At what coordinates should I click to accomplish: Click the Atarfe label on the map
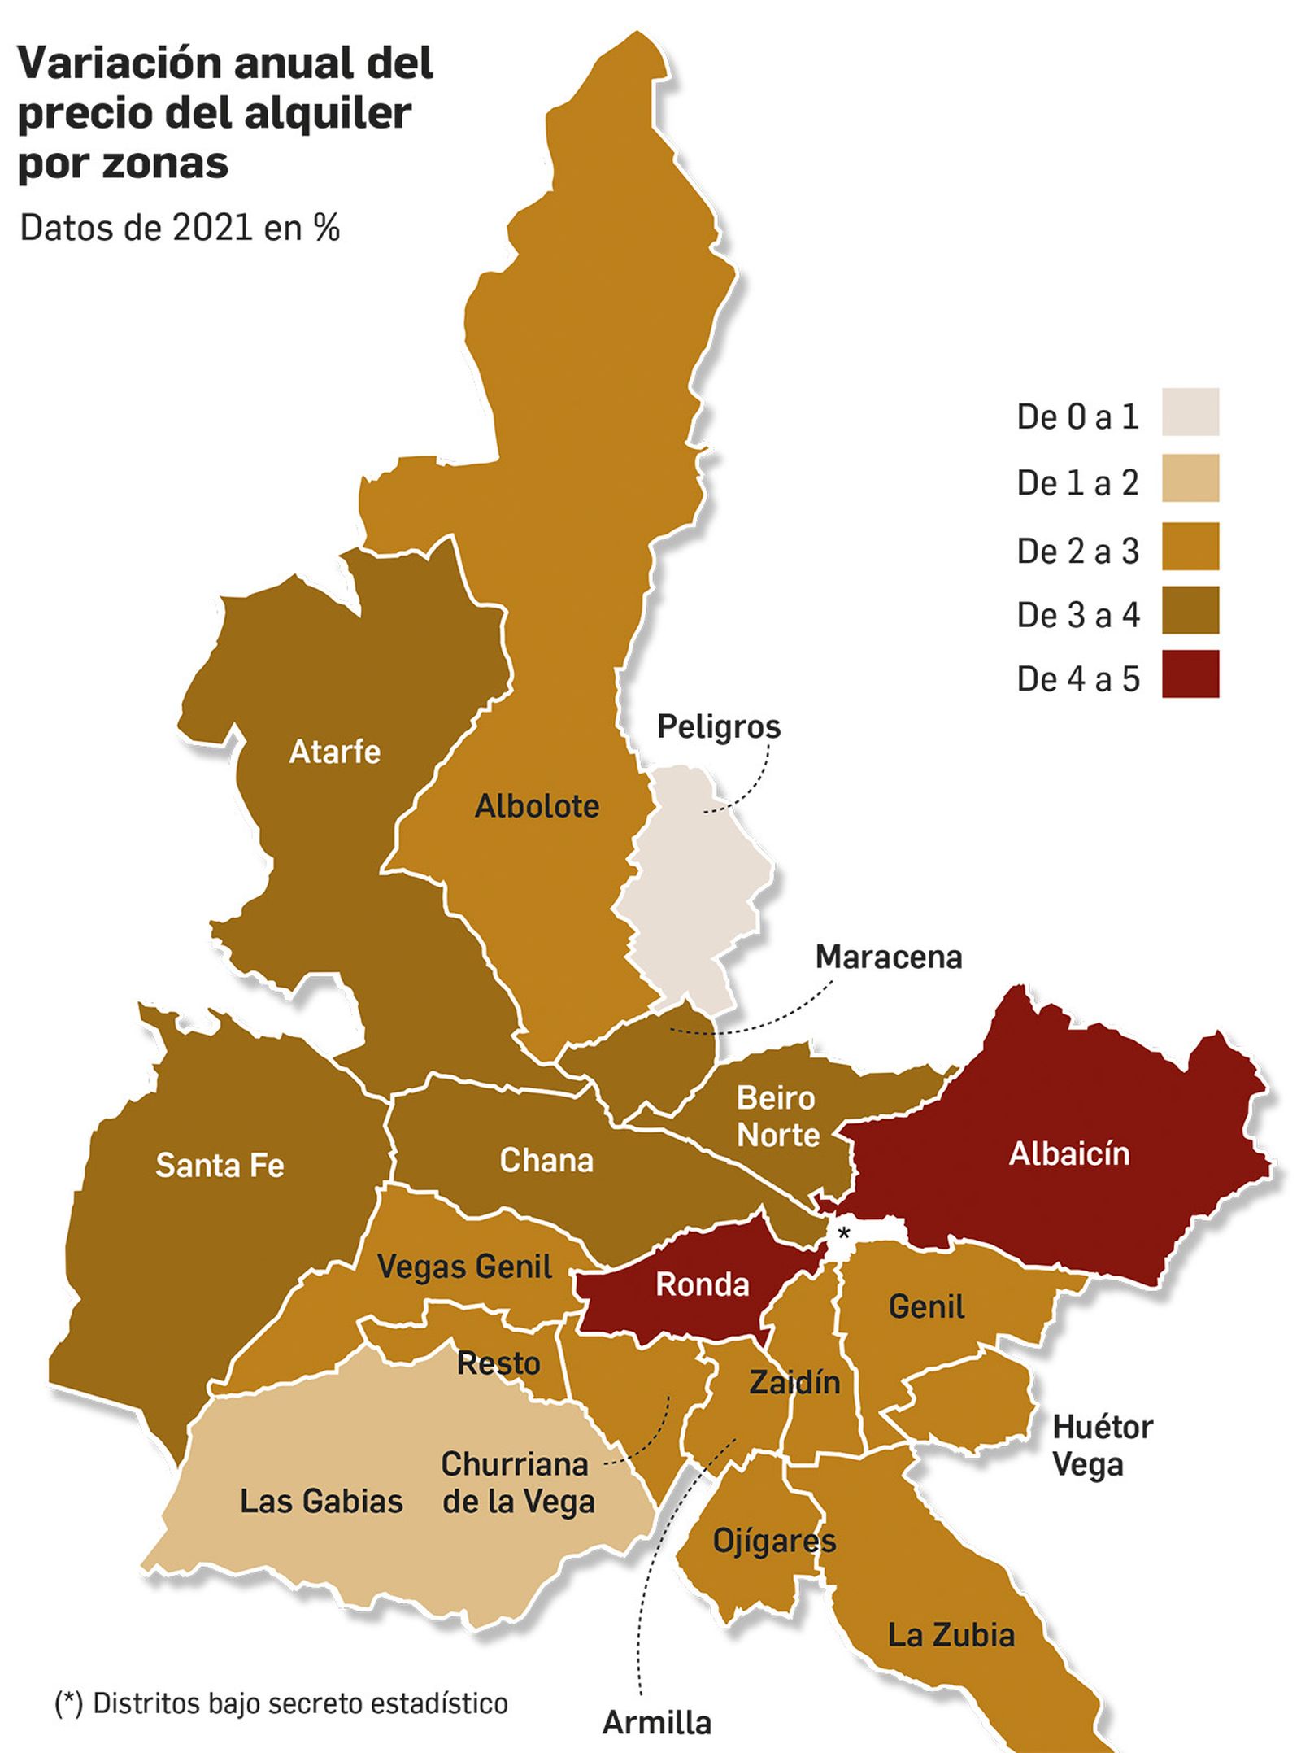pyautogui.click(x=334, y=752)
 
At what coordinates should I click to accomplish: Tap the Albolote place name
pyautogui.click(x=537, y=806)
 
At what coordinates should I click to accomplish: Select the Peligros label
pyautogui.click(x=718, y=726)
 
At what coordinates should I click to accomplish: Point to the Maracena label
pyautogui.click(x=888, y=957)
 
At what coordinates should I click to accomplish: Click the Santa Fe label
pyautogui.click(x=220, y=1166)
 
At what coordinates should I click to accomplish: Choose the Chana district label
pyautogui.click(x=546, y=1161)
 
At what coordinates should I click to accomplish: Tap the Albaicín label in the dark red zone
pyautogui.click(x=1068, y=1153)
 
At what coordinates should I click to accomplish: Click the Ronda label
pyautogui.click(x=702, y=1285)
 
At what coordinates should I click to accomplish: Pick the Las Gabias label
pyautogui.click(x=321, y=1502)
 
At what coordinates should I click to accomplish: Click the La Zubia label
pyautogui.click(x=951, y=1635)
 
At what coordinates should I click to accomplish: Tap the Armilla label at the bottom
pyautogui.click(x=656, y=1723)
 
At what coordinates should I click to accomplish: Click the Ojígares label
pyautogui.click(x=773, y=1541)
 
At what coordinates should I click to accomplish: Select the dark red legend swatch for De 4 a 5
pyautogui.click(x=1190, y=674)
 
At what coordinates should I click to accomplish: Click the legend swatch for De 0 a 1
pyautogui.click(x=1190, y=412)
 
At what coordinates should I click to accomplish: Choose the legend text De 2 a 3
pyautogui.click(x=1077, y=552)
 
